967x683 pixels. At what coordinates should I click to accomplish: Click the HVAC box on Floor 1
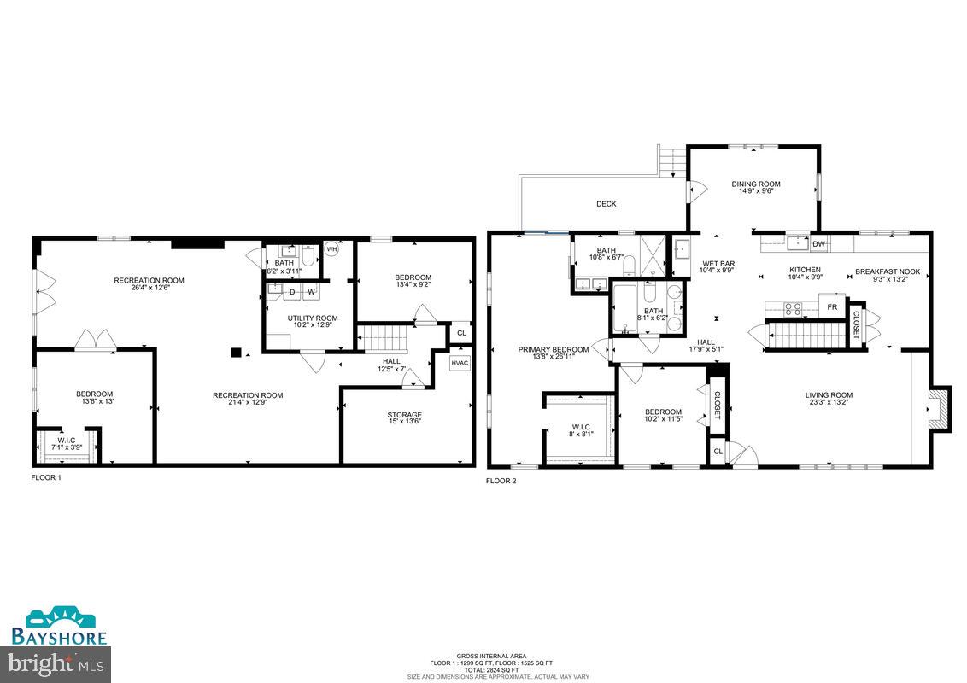(461, 363)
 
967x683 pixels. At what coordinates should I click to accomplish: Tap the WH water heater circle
(331, 250)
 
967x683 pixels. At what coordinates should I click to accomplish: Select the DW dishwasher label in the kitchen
(818, 244)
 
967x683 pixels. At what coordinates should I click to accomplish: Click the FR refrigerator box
(831, 305)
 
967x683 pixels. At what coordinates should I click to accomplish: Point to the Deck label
(606, 204)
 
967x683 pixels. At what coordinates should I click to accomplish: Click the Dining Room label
(756, 184)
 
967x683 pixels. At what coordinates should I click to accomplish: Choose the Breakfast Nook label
(888, 272)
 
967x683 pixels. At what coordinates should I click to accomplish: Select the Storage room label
(405, 416)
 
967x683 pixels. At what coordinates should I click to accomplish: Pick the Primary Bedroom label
(554, 349)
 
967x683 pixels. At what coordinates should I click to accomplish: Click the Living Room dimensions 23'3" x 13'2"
(829, 403)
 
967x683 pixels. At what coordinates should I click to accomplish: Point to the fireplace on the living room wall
(938, 409)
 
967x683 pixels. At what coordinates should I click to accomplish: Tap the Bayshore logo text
(59, 637)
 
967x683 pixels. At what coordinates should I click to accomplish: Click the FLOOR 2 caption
(501, 481)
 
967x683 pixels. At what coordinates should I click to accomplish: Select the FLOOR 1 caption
(46, 477)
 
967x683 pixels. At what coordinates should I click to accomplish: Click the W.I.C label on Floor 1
(67, 440)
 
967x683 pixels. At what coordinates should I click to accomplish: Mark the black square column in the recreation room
(237, 351)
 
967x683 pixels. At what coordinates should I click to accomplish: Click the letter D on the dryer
(293, 292)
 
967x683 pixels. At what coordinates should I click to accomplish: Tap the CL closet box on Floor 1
(461, 333)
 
